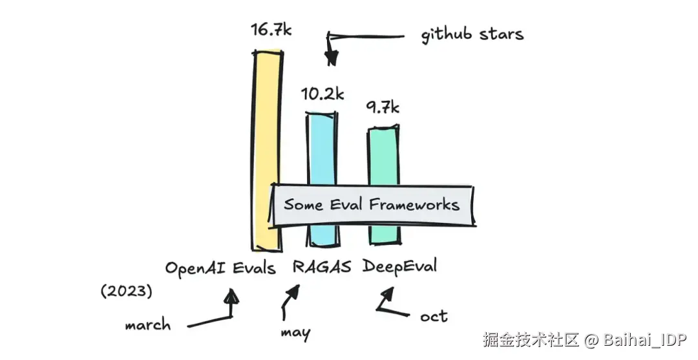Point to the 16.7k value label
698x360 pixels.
click(x=271, y=30)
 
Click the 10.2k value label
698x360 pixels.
click(x=323, y=94)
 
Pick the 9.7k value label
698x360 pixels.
click(x=383, y=107)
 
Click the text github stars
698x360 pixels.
click(x=472, y=35)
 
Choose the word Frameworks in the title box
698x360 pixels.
click(x=414, y=204)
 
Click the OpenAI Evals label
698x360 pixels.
click(x=220, y=268)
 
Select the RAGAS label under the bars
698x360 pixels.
click(x=321, y=267)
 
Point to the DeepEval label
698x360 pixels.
click(x=399, y=266)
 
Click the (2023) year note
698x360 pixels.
click(x=127, y=291)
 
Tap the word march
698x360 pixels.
click(x=148, y=324)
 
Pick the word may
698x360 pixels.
click(x=295, y=333)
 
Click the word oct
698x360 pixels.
click(x=434, y=317)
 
